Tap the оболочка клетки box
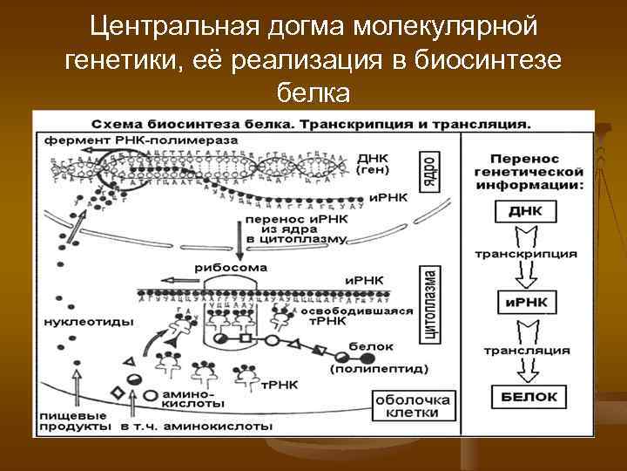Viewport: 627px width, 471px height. click(414, 406)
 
